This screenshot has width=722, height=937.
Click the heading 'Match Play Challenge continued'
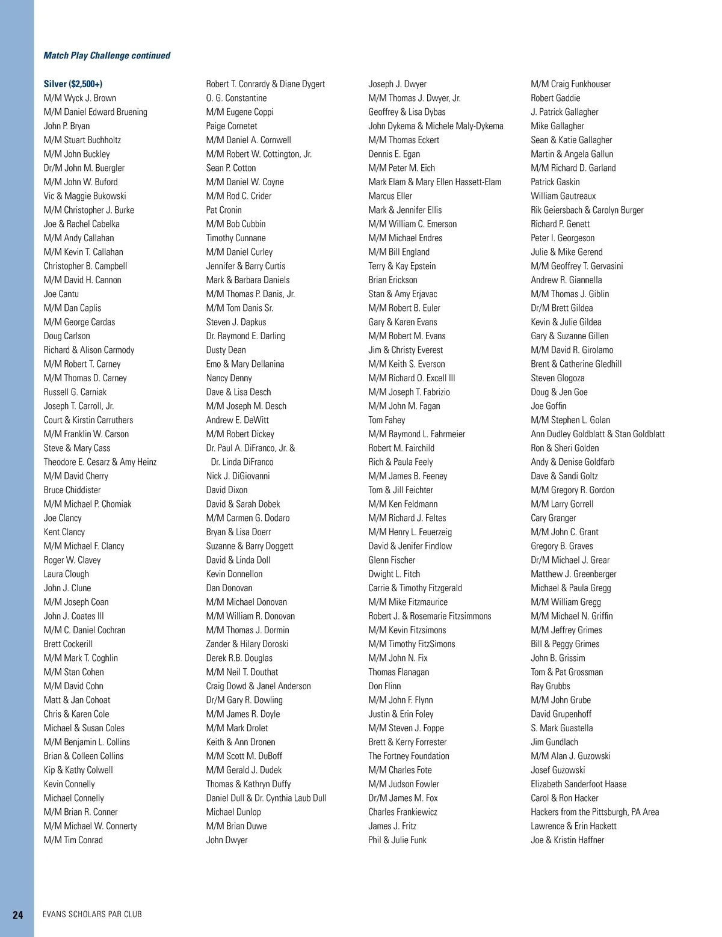[x=106, y=55]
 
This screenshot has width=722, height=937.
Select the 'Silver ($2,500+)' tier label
[x=77, y=84]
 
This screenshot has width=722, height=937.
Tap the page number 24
[x=18, y=915]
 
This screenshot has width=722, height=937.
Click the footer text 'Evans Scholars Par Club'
[x=92, y=914]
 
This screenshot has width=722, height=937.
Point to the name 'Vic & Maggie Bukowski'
[x=85, y=196]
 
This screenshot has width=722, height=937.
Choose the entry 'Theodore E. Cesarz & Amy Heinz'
[x=100, y=462]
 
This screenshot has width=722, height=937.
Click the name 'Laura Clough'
[x=66, y=574]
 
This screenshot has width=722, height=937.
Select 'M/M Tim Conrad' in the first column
[x=73, y=840]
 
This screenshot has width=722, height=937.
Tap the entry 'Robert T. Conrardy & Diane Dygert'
[x=265, y=84]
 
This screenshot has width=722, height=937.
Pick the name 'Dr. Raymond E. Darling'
[x=245, y=336]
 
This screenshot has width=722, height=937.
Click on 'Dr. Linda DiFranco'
[x=242, y=462]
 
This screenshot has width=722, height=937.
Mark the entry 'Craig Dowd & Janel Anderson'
[x=258, y=686]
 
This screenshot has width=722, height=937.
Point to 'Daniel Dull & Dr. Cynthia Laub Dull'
[x=266, y=798]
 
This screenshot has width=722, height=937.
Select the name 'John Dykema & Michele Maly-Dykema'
[x=436, y=126]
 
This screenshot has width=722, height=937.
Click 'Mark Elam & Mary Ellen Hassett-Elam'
[x=434, y=182]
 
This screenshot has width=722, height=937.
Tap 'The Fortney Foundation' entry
[x=409, y=756]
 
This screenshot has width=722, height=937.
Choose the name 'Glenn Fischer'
[x=392, y=560]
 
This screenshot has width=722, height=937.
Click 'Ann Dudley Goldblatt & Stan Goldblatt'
[x=597, y=434]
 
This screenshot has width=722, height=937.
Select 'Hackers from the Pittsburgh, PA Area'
[x=594, y=812]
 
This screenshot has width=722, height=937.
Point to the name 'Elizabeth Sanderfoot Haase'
[x=578, y=784]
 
